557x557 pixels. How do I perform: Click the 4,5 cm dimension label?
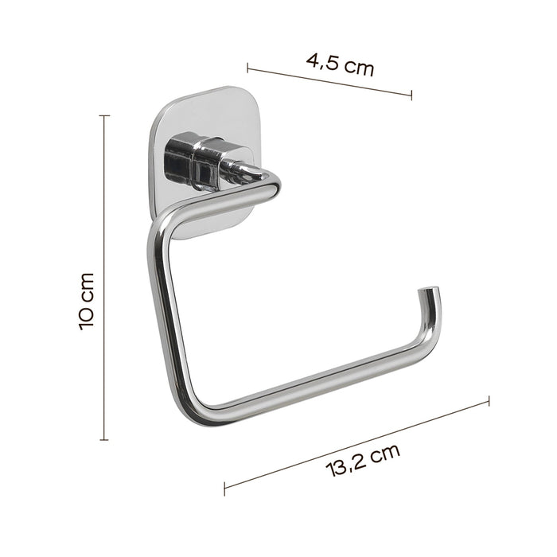pyautogui.click(x=340, y=63)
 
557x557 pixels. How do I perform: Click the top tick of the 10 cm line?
pyautogui.click(x=103, y=116)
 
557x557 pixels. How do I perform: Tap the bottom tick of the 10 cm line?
pyautogui.click(x=103, y=439)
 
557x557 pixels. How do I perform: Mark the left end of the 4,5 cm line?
pyautogui.click(x=248, y=67)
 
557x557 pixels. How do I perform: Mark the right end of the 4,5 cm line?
pyautogui.click(x=411, y=96)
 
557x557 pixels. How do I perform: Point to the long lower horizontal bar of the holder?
pyautogui.click(x=318, y=388)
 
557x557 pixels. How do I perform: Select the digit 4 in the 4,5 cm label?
pyautogui.click(x=311, y=58)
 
